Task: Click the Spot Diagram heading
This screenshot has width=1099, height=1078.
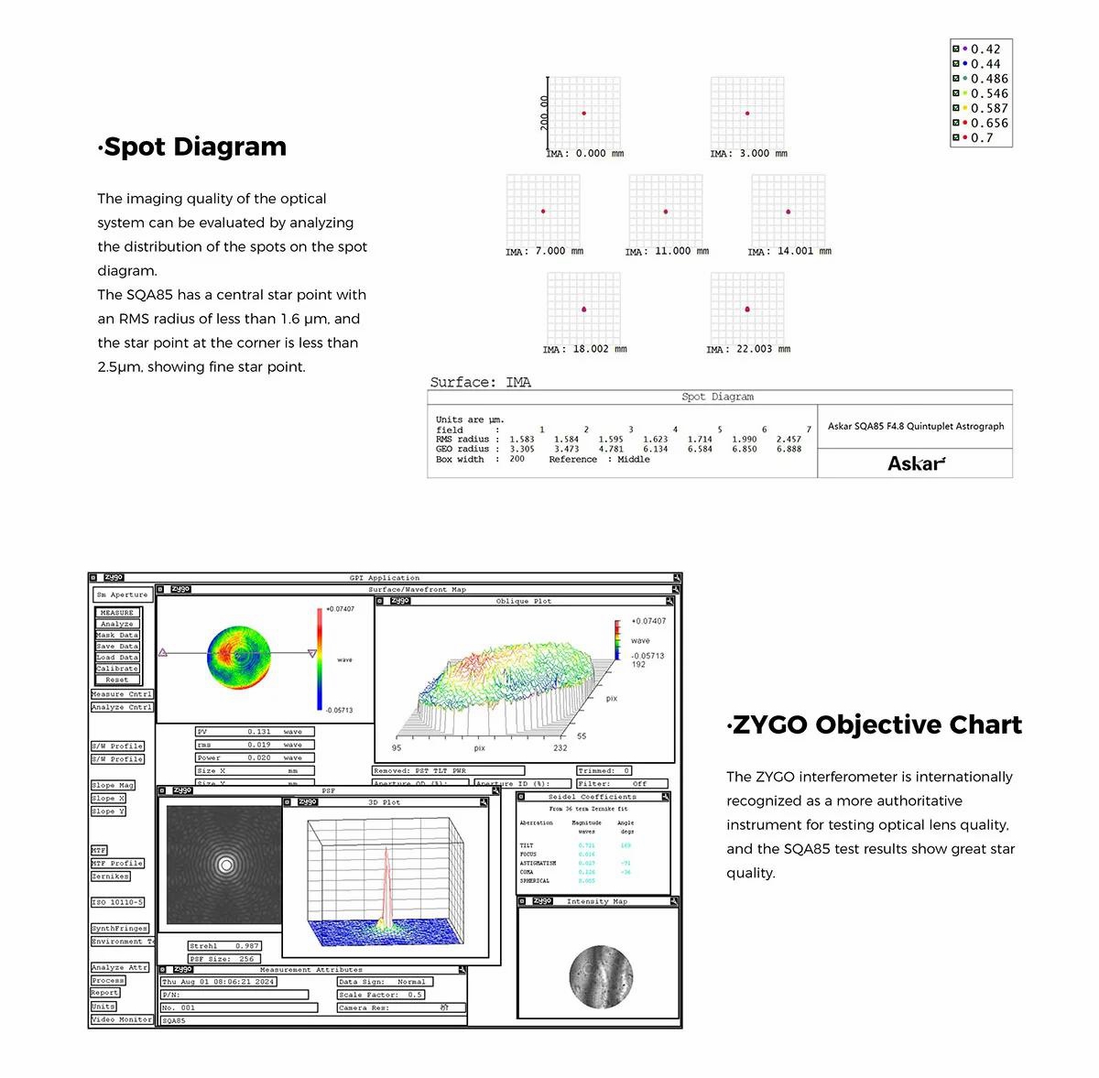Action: tap(193, 147)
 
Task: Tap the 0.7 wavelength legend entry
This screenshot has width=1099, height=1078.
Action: tap(981, 138)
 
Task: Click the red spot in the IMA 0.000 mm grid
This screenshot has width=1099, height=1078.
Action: tap(583, 113)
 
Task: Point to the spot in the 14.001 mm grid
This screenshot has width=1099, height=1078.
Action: tap(788, 212)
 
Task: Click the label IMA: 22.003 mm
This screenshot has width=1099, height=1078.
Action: tap(747, 349)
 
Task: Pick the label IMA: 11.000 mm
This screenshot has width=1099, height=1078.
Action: tap(667, 251)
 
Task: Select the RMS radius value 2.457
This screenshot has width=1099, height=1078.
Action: tap(789, 440)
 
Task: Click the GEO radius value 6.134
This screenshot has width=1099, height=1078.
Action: tap(655, 450)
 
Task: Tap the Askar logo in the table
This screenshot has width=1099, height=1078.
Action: tap(916, 463)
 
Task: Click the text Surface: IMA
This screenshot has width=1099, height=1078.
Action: tap(480, 382)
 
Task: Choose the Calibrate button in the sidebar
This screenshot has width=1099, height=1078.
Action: tap(117, 669)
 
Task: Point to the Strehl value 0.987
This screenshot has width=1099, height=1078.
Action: tap(246, 946)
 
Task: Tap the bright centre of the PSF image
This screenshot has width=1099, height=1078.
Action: tap(225, 864)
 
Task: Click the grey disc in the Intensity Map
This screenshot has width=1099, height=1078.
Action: tap(601, 976)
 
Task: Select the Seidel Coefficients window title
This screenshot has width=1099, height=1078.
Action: tap(592, 797)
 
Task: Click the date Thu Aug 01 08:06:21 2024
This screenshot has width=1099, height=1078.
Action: tap(218, 982)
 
